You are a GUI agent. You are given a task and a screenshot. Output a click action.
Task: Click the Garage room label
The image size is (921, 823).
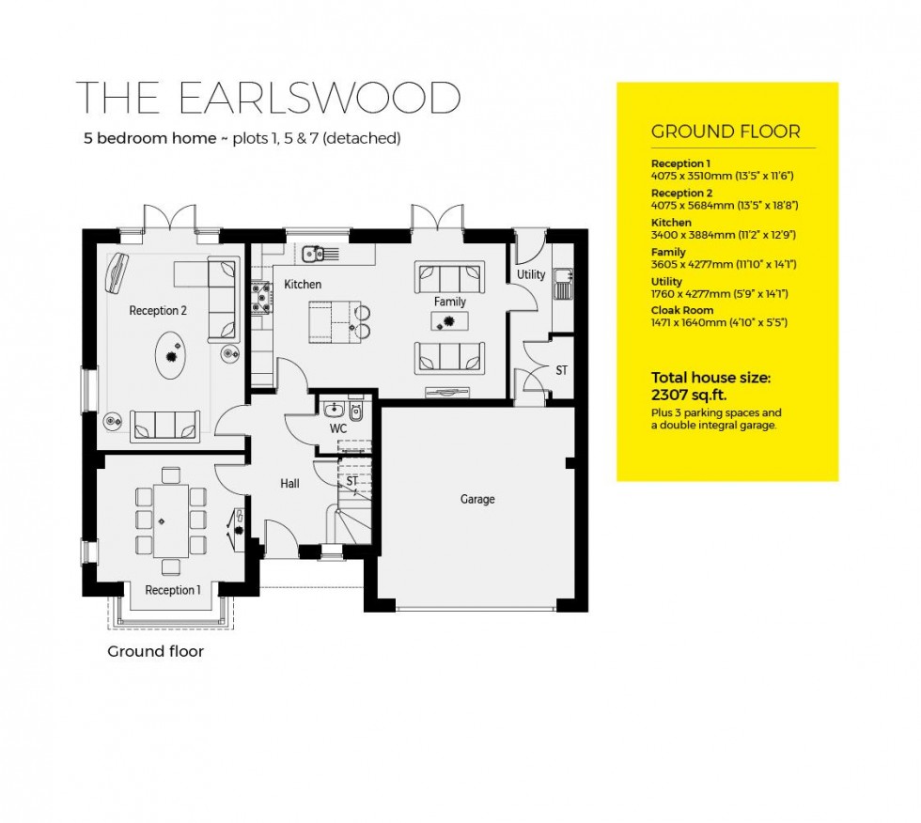pos(477,500)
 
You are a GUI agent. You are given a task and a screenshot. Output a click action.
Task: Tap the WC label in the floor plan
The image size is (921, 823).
pos(338,428)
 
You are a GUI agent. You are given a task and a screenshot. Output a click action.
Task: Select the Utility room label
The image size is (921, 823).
pos(531,275)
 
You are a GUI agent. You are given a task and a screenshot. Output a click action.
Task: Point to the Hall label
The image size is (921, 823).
pos(289,484)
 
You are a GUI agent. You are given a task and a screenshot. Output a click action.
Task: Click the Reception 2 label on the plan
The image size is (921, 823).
pos(158,311)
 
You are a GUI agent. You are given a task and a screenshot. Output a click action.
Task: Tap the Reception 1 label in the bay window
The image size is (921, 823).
pos(173,590)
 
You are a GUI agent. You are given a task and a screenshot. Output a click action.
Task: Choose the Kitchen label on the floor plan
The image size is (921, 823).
pos(303,285)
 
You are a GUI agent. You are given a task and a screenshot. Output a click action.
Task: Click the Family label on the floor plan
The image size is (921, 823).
pos(450,302)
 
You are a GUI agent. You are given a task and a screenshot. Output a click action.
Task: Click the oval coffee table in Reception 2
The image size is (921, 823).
pos(171,356)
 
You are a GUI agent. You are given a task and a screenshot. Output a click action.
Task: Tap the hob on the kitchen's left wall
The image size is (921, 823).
pos(260,300)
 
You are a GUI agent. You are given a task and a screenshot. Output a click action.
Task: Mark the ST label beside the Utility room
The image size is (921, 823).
pos(561,371)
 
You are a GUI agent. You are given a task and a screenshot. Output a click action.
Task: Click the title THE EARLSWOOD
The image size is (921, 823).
pos(268,99)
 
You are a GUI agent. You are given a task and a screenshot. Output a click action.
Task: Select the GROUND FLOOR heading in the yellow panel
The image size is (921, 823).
pos(726,132)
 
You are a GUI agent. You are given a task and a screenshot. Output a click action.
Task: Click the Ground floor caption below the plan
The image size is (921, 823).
pos(155,651)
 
